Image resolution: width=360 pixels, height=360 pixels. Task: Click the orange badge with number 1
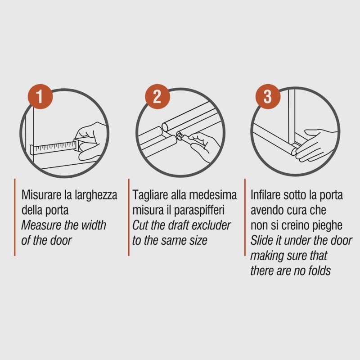pyautogui.click(x=40, y=97)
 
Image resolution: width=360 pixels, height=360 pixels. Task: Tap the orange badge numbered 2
pyautogui.click(x=157, y=97)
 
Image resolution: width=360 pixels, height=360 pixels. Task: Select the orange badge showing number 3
pyautogui.click(x=268, y=97)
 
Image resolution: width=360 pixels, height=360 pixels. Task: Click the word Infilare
pyautogui.click(x=265, y=195)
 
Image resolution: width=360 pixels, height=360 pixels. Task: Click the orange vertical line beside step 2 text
pyautogui.click(x=129, y=217)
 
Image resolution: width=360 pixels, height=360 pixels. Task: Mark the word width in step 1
pyautogui.click(x=94, y=225)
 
